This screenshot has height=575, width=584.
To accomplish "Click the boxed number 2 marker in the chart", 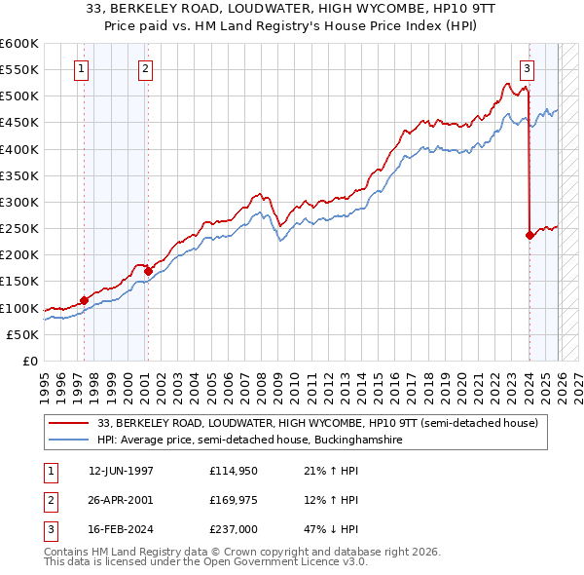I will tap(144, 68).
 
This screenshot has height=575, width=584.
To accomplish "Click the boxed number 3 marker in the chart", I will tap(527, 68).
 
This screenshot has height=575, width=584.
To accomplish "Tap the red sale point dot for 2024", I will tap(529, 235).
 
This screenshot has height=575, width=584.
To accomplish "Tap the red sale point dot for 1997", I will tap(85, 300).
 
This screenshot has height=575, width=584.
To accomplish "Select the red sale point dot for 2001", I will tap(149, 270).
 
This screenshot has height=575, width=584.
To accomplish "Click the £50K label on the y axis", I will tap(22, 334).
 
